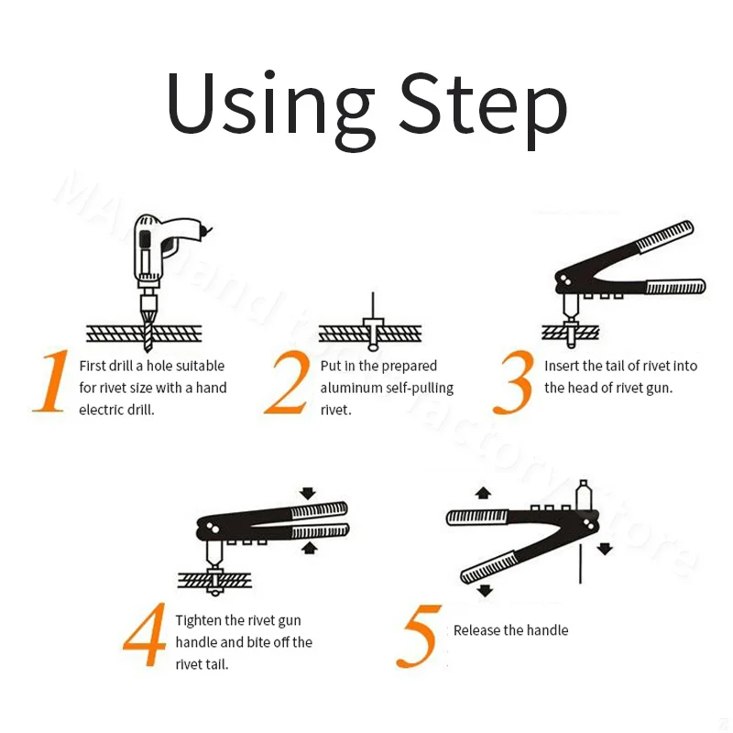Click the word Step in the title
[x=484, y=110]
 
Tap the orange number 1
[x=51, y=381]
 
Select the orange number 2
[x=287, y=382]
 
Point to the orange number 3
[x=513, y=382]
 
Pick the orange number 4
[x=145, y=634]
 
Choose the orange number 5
[x=418, y=636]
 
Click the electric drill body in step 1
[x=164, y=247]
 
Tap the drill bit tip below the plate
[x=148, y=348]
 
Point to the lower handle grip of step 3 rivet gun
[x=676, y=286]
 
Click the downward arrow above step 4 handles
[x=308, y=493]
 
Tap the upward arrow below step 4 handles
[x=309, y=548]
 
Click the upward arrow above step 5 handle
[x=483, y=493]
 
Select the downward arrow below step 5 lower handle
[x=486, y=590]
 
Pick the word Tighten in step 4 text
[x=198, y=621]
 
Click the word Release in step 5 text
[x=477, y=630]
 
